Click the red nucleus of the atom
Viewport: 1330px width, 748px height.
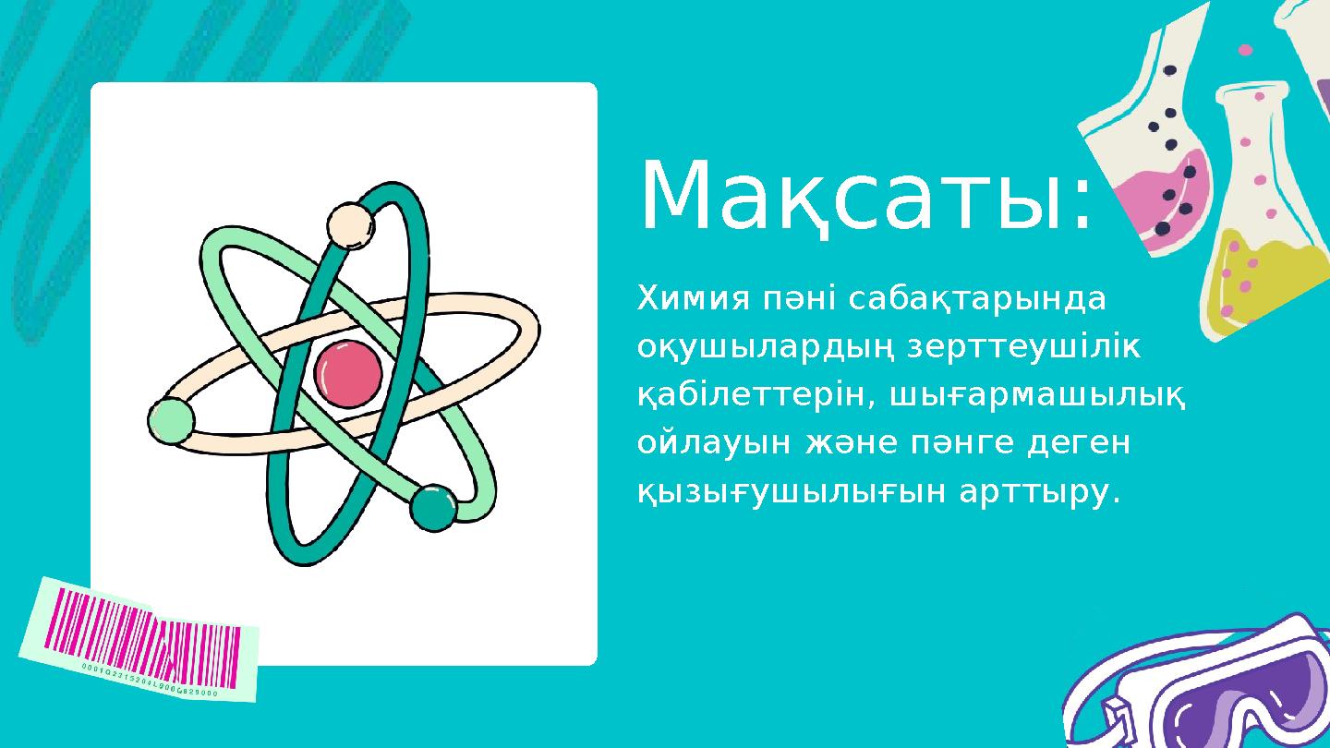(347, 373)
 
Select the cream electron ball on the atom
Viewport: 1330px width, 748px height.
(350, 225)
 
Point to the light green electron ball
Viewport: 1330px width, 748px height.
(171, 420)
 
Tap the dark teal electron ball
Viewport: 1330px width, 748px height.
(432, 508)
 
